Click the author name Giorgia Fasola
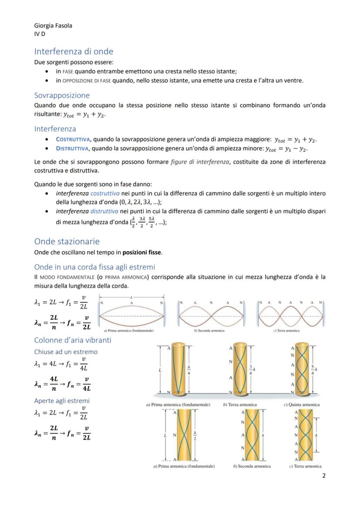(53, 26)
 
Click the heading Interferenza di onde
(73, 51)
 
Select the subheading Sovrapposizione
(62, 95)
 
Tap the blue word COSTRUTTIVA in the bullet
(73, 140)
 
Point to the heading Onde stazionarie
(67, 241)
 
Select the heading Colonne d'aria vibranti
(73, 340)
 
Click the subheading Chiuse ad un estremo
(66, 352)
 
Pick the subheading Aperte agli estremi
(62, 400)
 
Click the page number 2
(323, 476)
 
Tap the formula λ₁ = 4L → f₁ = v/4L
(61, 364)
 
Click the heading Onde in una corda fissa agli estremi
(94, 266)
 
